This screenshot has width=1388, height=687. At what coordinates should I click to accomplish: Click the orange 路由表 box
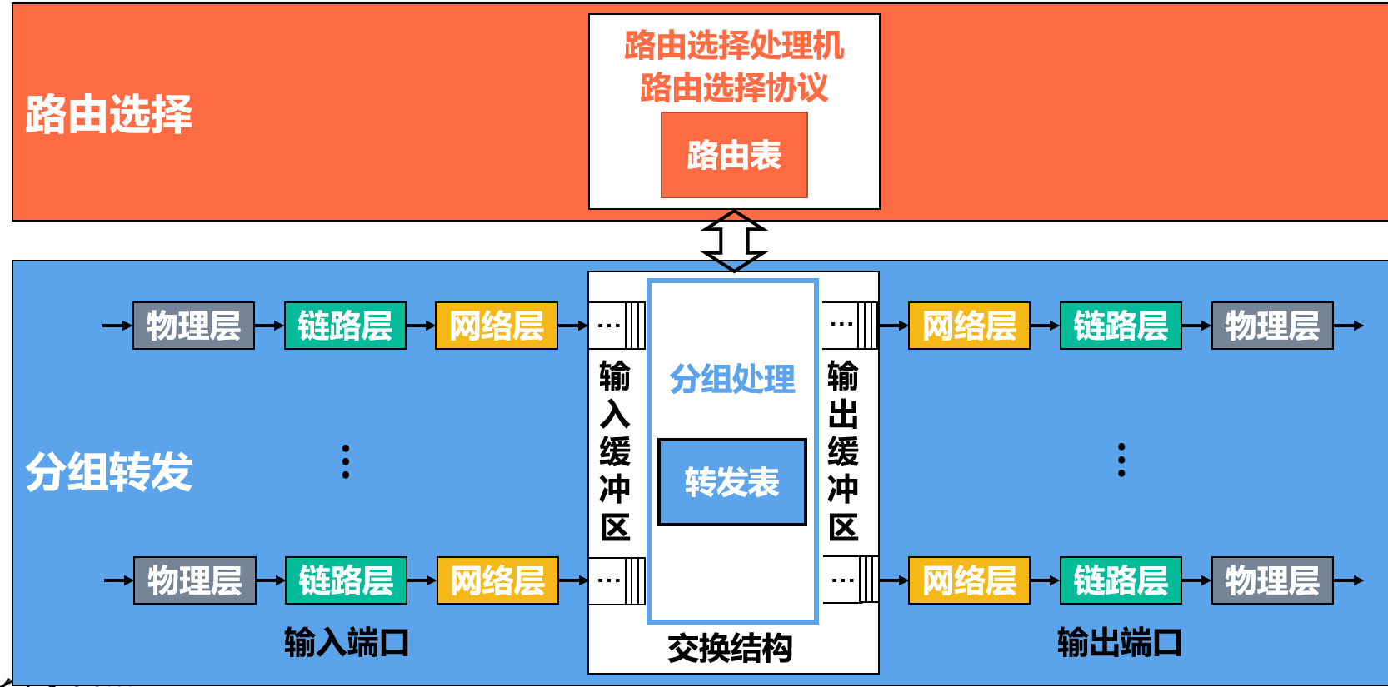(734, 155)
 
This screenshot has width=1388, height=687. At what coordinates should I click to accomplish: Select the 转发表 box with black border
(731, 482)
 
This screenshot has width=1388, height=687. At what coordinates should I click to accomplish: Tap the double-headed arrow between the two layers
(734, 241)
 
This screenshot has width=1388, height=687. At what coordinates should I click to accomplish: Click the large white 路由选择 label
(109, 115)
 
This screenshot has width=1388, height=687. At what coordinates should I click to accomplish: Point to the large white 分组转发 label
(109, 472)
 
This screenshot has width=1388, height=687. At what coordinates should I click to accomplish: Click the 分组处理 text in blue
(731, 379)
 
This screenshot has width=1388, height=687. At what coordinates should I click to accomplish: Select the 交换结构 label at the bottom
(730, 648)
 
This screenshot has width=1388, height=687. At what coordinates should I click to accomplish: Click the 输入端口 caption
(347, 642)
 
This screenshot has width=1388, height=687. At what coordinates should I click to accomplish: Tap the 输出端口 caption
(1120, 642)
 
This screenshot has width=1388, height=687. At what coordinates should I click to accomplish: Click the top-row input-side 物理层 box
(193, 326)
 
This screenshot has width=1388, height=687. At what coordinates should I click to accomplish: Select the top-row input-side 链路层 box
(345, 326)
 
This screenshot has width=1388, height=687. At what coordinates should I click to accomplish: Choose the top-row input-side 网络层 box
(497, 326)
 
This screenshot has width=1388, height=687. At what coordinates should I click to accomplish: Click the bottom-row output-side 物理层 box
(1272, 580)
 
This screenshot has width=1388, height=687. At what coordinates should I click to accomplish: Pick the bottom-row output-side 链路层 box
(1121, 580)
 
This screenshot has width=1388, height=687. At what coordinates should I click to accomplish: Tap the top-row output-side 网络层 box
(969, 326)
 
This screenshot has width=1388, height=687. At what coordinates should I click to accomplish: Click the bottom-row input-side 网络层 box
(497, 580)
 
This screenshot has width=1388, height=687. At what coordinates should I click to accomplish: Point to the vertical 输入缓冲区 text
(615, 451)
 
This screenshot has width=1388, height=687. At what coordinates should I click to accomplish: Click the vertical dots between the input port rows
(346, 461)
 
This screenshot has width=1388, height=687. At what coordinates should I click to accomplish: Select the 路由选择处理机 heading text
(734, 46)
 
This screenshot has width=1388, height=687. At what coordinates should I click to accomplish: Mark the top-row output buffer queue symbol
(850, 326)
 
